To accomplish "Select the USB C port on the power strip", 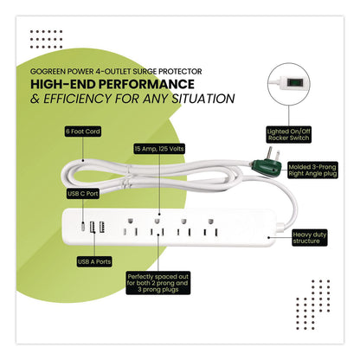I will click(82, 227).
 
